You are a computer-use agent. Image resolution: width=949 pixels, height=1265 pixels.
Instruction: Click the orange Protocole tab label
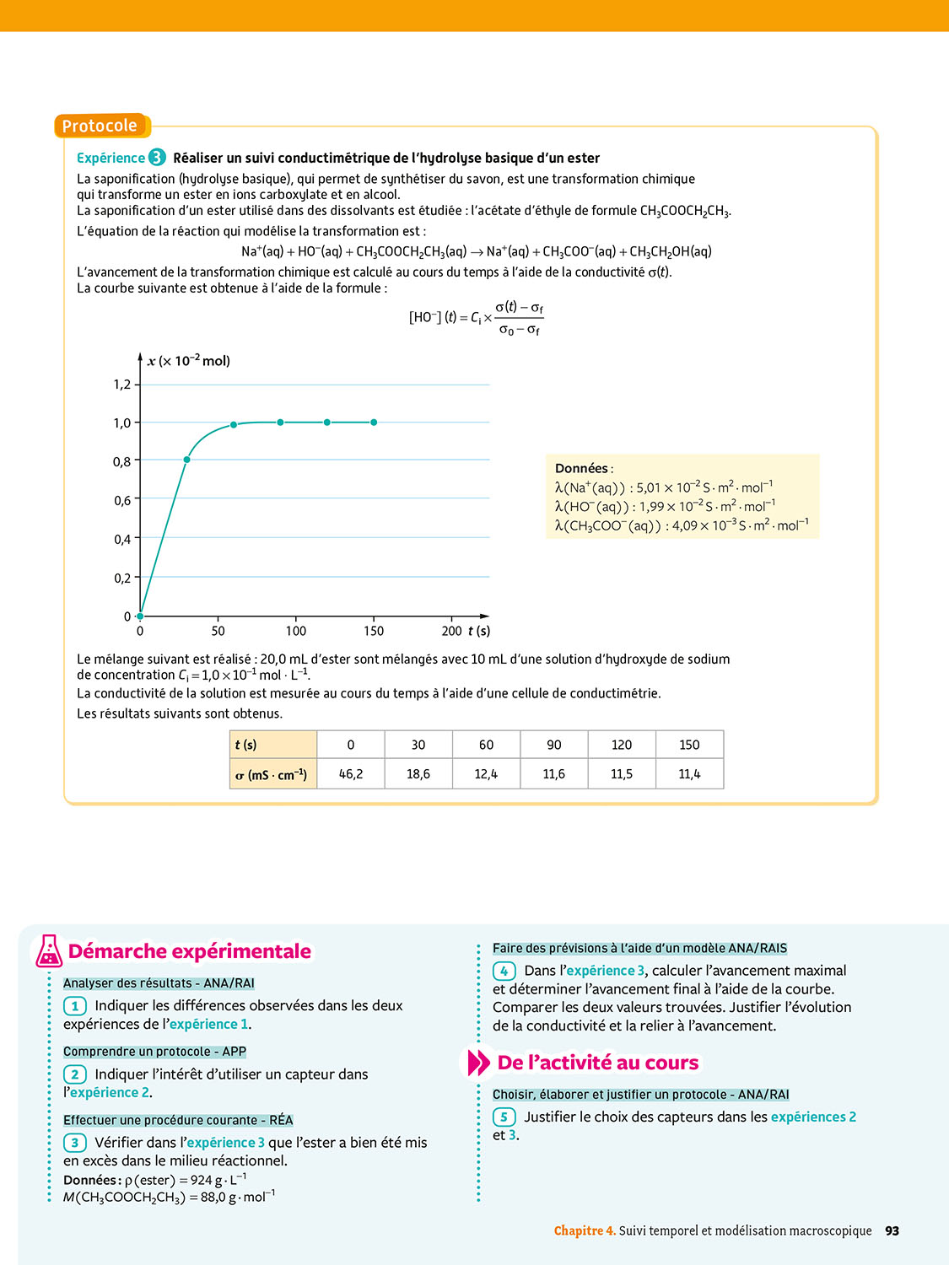point(100,126)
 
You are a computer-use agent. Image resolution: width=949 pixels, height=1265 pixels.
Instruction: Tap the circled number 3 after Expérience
point(157,158)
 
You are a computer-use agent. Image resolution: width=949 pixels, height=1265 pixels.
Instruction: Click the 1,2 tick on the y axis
point(123,385)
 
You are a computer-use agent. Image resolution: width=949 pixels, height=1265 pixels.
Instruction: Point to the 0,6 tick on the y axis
point(123,500)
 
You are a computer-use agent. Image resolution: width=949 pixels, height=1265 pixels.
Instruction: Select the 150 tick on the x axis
point(374,631)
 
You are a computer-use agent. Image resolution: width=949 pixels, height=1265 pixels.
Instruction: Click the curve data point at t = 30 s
point(186,460)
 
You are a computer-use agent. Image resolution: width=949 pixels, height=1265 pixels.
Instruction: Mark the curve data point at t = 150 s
point(374,423)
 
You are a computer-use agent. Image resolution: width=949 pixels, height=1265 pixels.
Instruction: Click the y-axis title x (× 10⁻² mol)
point(188,361)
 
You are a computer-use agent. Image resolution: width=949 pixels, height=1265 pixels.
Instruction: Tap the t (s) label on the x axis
point(479,631)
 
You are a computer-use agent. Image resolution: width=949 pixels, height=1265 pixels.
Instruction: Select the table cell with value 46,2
point(351,774)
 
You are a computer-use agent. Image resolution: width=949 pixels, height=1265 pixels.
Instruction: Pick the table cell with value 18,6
point(418,774)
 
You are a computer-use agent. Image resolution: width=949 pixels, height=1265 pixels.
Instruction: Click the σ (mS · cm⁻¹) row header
point(272,774)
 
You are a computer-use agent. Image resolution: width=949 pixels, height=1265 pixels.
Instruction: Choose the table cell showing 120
point(622,745)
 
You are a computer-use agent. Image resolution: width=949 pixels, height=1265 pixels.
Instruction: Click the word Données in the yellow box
point(582,468)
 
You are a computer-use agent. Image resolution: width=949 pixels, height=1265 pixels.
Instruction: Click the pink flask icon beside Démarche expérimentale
point(49,951)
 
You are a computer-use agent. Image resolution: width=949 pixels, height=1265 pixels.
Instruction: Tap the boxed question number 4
point(504,971)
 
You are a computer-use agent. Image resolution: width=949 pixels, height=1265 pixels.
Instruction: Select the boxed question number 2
point(75,1074)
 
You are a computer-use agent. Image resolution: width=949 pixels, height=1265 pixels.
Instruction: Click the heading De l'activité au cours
point(598,1063)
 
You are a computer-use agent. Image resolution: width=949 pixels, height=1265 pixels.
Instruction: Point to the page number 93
point(892,1231)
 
